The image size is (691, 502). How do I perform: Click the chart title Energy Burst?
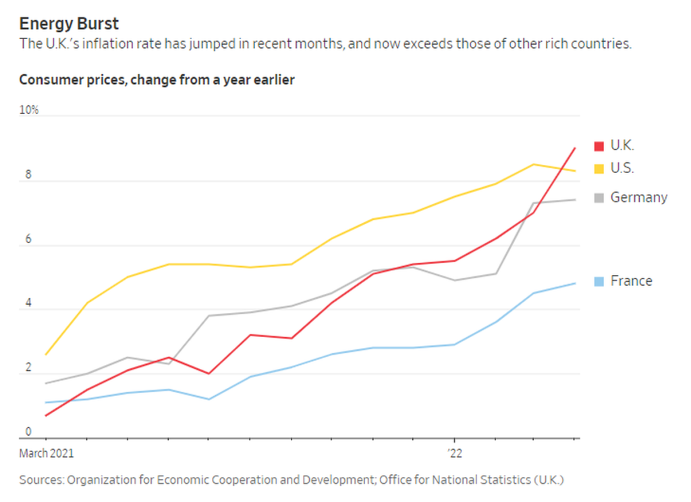(x=69, y=24)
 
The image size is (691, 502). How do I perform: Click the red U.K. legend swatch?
(x=599, y=146)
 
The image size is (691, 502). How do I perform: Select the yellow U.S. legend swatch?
(x=599, y=168)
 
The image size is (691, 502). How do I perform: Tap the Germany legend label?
(x=638, y=197)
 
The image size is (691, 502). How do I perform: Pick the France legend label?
(x=631, y=281)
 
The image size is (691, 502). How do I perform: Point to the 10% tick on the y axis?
(x=29, y=110)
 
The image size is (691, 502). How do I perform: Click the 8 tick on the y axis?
(x=28, y=175)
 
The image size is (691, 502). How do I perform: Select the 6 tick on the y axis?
(x=28, y=239)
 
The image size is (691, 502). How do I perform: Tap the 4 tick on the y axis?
(x=28, y=303)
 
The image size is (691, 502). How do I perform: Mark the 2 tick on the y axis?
(x=28, y=368)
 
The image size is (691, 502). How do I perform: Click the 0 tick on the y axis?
(x=28, y=432)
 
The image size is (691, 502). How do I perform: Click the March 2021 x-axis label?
(x=46, y=453)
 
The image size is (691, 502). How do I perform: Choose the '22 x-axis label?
(x=454, y=453)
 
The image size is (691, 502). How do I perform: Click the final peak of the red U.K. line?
(x=574, y=148)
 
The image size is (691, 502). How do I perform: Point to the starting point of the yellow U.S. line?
(x=45, y=355)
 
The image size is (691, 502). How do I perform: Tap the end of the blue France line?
(x=575, y=283)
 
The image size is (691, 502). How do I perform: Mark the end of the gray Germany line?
(x=575, y=199)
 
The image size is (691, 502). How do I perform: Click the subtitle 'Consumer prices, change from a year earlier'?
(x=157, y=80)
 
